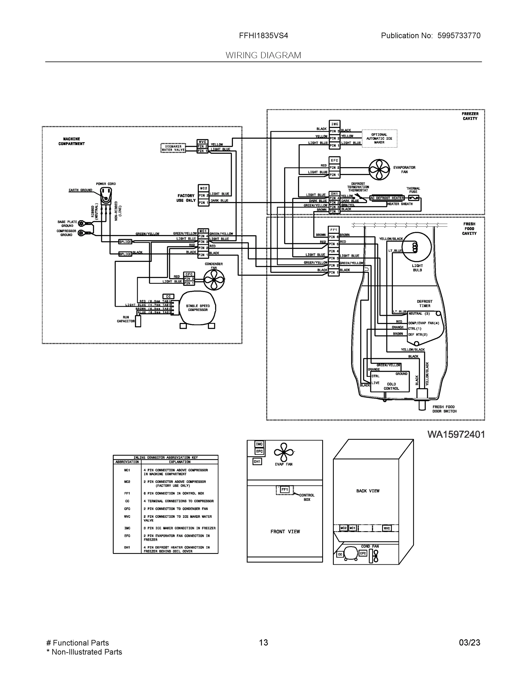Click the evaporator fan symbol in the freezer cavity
point(379,170)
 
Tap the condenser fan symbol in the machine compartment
point(214,279)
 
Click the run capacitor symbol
point(138,321)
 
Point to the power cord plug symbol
point(106,196)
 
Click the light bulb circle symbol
point(416,247)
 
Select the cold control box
point(389,381)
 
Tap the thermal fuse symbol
point(413,198)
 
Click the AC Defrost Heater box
point(387,198)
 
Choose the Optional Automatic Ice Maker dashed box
point(379,138)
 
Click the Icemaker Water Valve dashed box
point(173,148)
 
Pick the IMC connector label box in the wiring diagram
point(334,124)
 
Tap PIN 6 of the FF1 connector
point(334,237)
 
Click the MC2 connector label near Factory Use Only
point(204,188)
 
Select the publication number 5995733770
point(459,35)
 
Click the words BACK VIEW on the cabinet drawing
point(368,491)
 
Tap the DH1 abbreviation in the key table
point(127,547)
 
